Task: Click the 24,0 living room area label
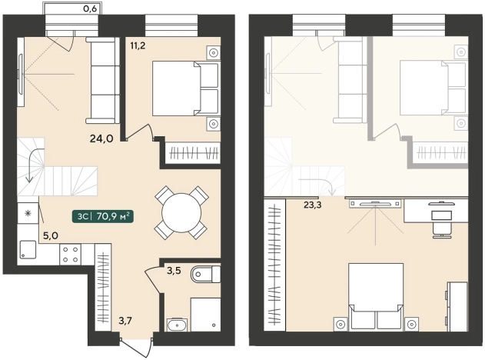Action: pyautogui.click(x=101, y=138)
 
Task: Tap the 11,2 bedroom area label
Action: pyautogui.click(x=138, y=46)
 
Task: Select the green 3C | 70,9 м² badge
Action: pyautogui.click(x=103, y=216)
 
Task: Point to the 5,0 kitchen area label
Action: pyautogui.click(x=51, y=236)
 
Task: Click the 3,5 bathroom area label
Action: pyautogui.click(x=174, y=271)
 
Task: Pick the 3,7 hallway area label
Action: pyautogui.click(x=125, y=320)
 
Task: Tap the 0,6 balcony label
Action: pyautogui.click(x=91, y=8)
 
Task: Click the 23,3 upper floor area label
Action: pyautogui.click(x=312, y=205)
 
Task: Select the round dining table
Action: pyautogui.click(x=182, y=213)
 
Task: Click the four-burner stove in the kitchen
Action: pyautogui.click(x=71, y=255)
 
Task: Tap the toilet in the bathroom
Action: pyautogui.click(x=206, y=274)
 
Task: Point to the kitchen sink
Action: pyautogui.click(x=28, y=250)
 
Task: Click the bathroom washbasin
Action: pyautogui.click(x=177, y=325)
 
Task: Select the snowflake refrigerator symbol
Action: pyautogui.click(x=28, y=213)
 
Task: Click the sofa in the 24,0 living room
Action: pyautogui.click(x=103, y=81)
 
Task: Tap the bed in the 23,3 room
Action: pyautogui.click(x=376, y=296)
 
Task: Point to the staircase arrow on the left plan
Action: pyautogui.click(x=33, y=163)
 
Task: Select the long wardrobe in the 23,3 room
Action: pyautogui.click(x=274, y=265)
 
